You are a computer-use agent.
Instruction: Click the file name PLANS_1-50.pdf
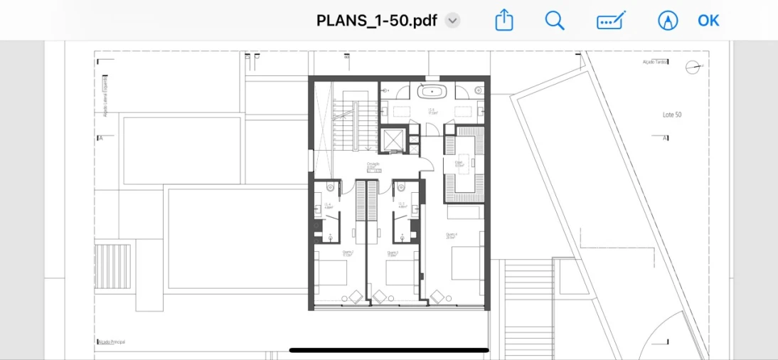pos(377,20)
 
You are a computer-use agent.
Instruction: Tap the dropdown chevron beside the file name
pos(452,21)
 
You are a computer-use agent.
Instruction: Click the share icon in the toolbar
pos(503,20)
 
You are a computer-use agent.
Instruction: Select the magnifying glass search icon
pos(555,20)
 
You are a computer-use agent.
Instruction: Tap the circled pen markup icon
pos(667,20)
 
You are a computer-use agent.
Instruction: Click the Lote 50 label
pos(672,115)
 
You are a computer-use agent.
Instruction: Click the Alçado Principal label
pos(112,342)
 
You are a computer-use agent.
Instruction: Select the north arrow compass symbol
pos(693,68)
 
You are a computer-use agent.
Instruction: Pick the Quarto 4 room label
pos(452,235)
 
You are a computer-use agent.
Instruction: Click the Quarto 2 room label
pos(348,253)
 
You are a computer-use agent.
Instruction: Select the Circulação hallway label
pos(373,165)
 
